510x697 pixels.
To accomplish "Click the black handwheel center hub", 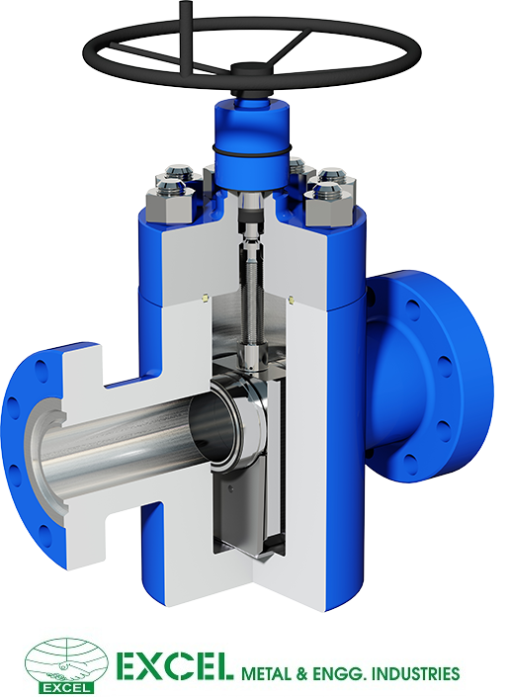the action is (x=252, y=70).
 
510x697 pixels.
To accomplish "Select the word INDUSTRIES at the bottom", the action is (x=414, y=673).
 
